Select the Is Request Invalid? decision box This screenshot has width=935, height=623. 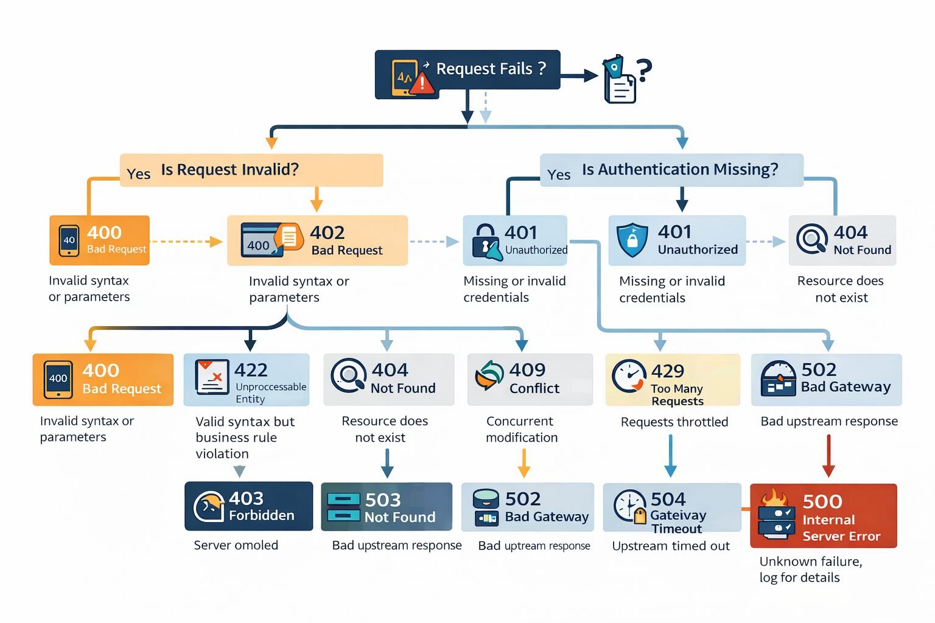point(251,170)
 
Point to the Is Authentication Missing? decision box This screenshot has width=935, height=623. point(671,170)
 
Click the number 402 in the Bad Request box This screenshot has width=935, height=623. point(327,232)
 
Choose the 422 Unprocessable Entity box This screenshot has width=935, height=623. point(247,380)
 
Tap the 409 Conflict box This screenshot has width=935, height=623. point(530,380)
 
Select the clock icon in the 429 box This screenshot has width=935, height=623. point(628,377)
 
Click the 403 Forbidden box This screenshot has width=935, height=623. point(248,506)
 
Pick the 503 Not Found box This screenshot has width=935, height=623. point(387,507)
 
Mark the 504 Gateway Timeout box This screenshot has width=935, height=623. point(672,508)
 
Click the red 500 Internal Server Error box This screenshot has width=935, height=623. point(823,516)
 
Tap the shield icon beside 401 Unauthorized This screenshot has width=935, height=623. point(632,240)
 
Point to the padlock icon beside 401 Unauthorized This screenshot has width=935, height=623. point(486,242)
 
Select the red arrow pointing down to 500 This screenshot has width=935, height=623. point(828,457)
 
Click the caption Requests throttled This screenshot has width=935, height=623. point(674,422)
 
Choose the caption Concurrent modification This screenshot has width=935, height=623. point(521,429)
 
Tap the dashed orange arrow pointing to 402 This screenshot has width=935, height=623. point(186,242)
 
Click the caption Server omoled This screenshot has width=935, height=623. point(236,545)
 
